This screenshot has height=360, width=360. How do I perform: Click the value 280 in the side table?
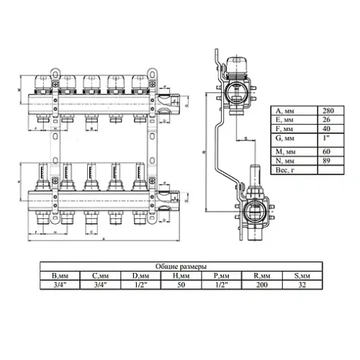click(329, 111)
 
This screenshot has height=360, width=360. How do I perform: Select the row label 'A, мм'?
click(289, 111)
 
